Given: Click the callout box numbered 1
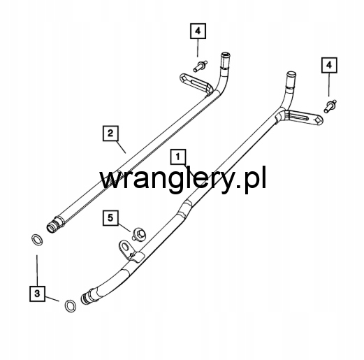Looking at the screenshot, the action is tap(178, 157).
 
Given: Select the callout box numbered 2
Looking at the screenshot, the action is tap(110, 134).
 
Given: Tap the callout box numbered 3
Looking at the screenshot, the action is tap(37, 294).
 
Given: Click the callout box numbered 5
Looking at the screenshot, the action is tap(110, 218).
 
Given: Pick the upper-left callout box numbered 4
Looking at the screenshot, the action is tap(198, 31).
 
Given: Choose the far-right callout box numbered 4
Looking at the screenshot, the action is tap(329, 65).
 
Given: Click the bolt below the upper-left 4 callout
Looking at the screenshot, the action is tap(200, 66).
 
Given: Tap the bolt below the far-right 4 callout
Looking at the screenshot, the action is tap(330, 106).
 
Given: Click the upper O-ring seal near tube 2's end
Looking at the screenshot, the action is tap(37, 240).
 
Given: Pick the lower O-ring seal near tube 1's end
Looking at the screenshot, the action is tap(70, 306).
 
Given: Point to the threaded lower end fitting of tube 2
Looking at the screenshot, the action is tap(55, 224).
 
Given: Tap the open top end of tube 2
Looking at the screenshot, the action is tap(225, 55).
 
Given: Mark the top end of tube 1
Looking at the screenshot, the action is tap(291, 75).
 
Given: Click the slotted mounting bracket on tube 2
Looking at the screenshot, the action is tap(195, 83).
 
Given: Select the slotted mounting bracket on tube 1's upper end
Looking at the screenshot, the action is tap(303, 117).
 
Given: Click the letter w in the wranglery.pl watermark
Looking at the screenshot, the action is tap(111, 180).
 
